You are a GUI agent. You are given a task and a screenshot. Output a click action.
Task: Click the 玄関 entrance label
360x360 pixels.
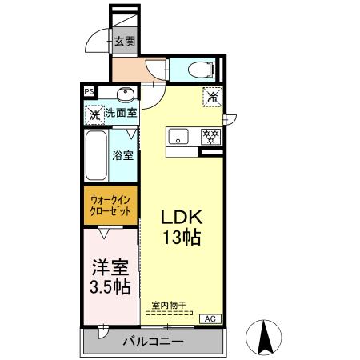click(x=123, y=42)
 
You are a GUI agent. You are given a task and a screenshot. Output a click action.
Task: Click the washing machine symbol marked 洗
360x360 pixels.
click(x=94, y=115)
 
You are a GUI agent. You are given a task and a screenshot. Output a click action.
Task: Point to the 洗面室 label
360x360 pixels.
click(x=121, y=114)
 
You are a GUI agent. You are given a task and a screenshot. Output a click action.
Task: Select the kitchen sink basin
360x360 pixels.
click(x=178, y=135)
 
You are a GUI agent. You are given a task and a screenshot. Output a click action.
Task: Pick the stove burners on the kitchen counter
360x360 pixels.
click(x=210, y=135)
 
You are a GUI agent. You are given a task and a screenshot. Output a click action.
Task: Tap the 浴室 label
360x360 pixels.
click(x=122, y=155)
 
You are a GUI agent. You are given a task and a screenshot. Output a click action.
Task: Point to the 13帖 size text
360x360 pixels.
click(x=182, y=238)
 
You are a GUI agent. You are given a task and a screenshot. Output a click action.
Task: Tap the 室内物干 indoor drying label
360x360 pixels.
click(x=168, y=305)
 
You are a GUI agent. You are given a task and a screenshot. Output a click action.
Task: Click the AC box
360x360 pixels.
click(x=210, y=319)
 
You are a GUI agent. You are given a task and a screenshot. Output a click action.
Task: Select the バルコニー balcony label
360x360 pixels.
click(x=153, y=342)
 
